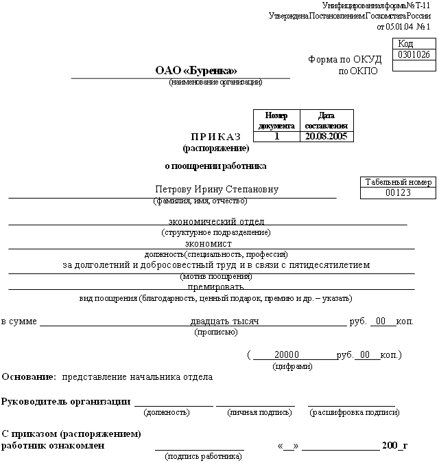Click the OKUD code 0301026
414,55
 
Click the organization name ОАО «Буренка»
196,71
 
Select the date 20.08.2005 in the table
328,136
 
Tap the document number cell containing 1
276,136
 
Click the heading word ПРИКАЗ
216,137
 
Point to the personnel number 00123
398,193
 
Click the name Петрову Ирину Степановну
217,190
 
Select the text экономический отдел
216,221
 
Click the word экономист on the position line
209,243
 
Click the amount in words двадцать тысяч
224,321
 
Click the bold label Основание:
29,377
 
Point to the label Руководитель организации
66,401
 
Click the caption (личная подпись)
255,413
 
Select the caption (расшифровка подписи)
355,413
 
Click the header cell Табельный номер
398,182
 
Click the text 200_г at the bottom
394,446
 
